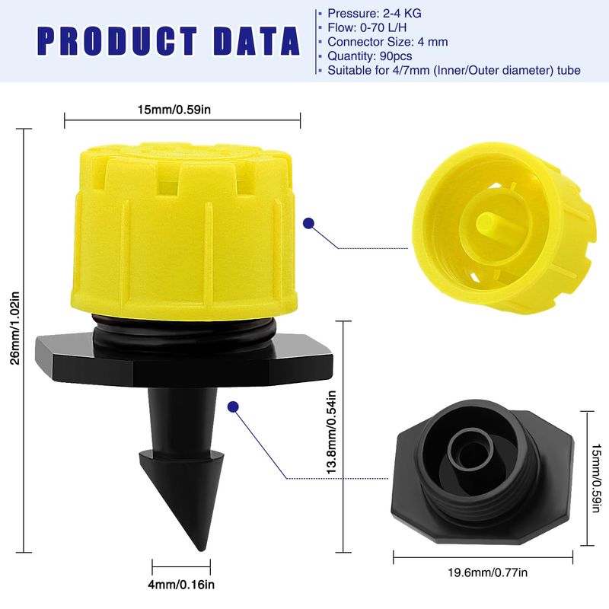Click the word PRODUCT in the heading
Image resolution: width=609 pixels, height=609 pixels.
[x=118, y=40]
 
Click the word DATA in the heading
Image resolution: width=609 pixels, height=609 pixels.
[x=257, y=40]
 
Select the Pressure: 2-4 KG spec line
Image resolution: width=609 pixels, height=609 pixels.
[x=374, y=14]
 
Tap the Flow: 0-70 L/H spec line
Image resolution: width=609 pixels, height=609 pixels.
[x=367, y=27]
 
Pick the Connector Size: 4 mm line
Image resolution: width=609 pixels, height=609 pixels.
[x=387, y=42]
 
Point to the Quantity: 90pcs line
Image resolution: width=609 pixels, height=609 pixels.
[x=370, y=56]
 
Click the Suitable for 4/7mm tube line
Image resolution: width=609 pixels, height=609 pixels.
[x=454, y=70]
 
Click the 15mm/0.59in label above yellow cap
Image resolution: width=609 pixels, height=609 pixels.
[x=174, y=110]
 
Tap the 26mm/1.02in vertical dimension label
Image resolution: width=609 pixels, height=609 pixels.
[x=14, y=328]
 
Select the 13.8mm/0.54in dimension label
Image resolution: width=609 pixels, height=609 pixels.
[x=331, y=432]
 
